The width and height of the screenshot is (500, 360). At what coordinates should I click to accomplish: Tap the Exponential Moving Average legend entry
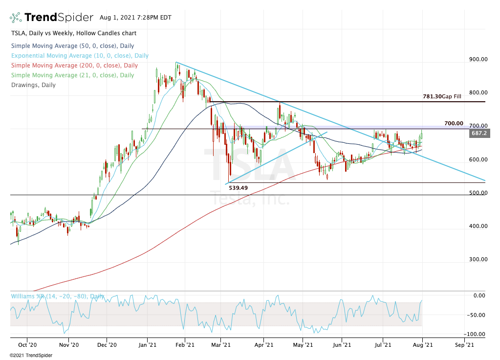[80, 56]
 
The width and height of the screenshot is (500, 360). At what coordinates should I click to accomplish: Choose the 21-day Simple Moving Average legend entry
[72, 75]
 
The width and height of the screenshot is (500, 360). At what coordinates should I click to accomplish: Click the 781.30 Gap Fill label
[442, 97]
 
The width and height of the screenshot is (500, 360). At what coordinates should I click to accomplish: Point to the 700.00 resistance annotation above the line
[454, 123]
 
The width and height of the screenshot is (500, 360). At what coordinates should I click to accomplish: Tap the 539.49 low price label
[239, 188]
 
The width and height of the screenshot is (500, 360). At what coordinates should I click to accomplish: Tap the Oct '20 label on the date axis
[27, 345]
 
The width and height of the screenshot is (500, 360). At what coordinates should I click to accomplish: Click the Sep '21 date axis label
[464, 345]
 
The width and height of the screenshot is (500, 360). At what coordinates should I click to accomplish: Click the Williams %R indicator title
[58, 296]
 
